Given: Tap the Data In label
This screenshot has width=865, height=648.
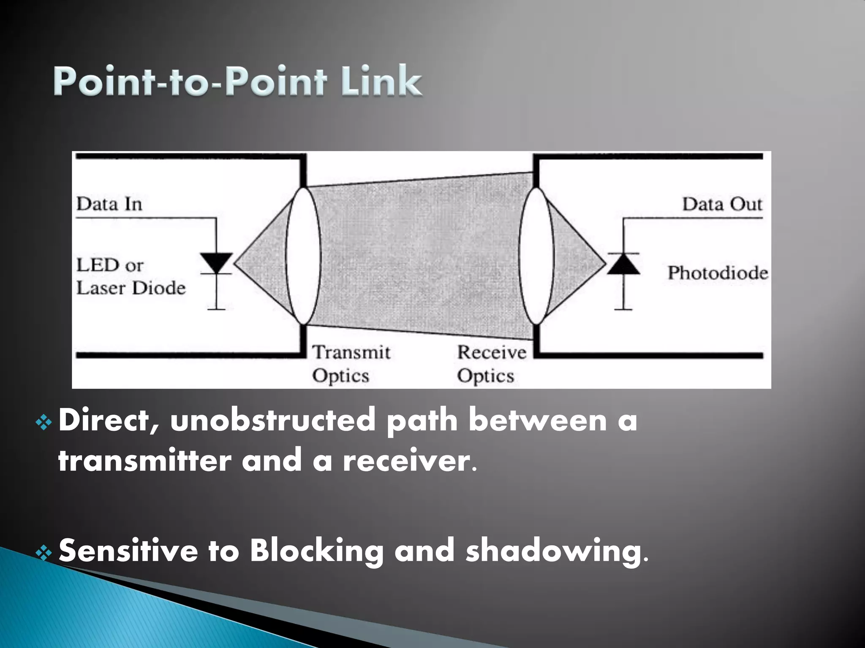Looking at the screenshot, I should (x=109, y=205).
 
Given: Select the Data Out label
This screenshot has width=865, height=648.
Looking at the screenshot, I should (x=722, y=205).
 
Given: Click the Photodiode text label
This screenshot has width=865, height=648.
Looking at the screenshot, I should (x=717, y=273).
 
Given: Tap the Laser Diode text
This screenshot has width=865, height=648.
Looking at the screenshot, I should (x=131, y=289).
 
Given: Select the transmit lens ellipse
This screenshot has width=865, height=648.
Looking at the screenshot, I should (x=303, y=256).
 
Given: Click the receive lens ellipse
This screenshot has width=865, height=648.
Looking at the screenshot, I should (x=536, y=256).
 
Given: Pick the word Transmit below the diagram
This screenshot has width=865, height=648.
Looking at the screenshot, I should (x=351, y=352).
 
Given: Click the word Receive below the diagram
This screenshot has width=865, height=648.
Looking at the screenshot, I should (x=492, y=352).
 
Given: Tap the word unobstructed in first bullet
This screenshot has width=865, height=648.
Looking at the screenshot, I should (x=272, y=421).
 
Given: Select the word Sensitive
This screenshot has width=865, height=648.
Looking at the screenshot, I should (x=128, y=551).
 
